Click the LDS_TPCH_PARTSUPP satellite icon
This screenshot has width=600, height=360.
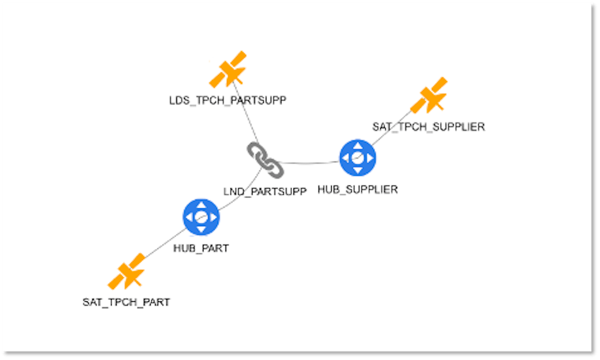229,70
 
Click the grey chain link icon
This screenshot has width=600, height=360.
265,160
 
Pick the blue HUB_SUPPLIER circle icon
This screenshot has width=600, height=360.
358,157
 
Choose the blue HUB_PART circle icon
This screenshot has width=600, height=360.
201,217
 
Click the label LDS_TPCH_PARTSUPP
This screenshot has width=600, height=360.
227,100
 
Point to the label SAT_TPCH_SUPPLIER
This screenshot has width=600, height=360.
428,127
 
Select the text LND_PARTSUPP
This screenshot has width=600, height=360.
265,191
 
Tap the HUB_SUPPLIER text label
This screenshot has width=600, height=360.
358,190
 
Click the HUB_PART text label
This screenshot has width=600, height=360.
201,248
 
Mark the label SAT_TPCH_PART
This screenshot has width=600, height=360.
126,302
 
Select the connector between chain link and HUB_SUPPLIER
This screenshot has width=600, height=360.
309,163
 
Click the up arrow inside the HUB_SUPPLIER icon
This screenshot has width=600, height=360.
358,146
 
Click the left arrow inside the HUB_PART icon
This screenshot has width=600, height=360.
190,217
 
